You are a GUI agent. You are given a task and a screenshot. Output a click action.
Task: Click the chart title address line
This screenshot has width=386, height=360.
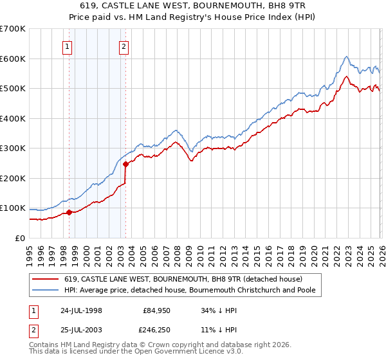193,6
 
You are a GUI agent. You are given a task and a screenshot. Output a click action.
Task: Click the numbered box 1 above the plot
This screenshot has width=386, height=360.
68,46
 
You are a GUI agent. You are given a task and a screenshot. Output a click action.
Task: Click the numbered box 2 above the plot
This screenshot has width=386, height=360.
124,46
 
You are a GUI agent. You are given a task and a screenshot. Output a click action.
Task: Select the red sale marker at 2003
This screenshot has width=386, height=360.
125,164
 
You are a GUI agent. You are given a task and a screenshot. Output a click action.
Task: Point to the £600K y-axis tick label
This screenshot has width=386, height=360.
12,59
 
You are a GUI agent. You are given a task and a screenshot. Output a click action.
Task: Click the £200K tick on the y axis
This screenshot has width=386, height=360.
12,178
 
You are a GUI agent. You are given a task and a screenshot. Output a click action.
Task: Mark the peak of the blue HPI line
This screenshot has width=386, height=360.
346,56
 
